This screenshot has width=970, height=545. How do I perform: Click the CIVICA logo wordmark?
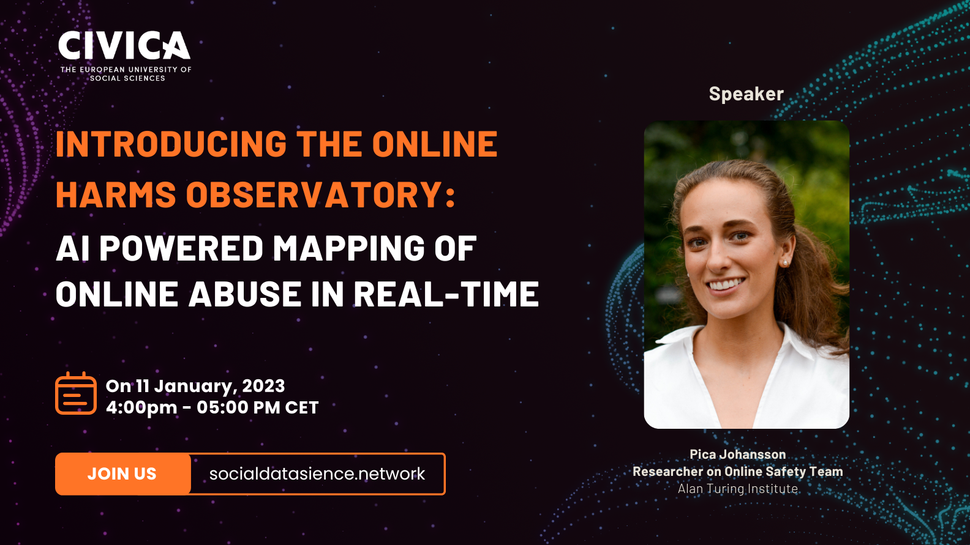point(124,45)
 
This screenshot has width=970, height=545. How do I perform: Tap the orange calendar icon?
point(76,393)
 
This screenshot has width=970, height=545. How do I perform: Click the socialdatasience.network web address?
point(317,473)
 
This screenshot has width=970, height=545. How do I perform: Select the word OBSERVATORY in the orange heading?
point(321,195)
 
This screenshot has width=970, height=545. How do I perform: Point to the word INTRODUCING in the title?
point(171,144)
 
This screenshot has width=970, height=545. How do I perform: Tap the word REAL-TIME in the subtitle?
point(446,294)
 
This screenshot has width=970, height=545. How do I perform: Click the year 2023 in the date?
point(263,386)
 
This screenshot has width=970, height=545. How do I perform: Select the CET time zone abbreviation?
point(302,407)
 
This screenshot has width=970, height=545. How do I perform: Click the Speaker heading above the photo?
point(746,94)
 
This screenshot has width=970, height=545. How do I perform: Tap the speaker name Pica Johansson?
point(737,454)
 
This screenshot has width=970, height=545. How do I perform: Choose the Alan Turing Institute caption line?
point(737,488)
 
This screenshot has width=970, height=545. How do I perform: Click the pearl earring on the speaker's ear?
point(784,262)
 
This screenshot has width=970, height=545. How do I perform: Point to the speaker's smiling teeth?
point(726,284)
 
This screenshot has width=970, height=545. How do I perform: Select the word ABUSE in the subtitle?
point(245,294)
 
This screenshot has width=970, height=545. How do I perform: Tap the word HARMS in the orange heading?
point(116,195)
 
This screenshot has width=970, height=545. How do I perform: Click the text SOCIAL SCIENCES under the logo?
point(127,78)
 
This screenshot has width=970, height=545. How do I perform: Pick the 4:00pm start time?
point(141,408)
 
